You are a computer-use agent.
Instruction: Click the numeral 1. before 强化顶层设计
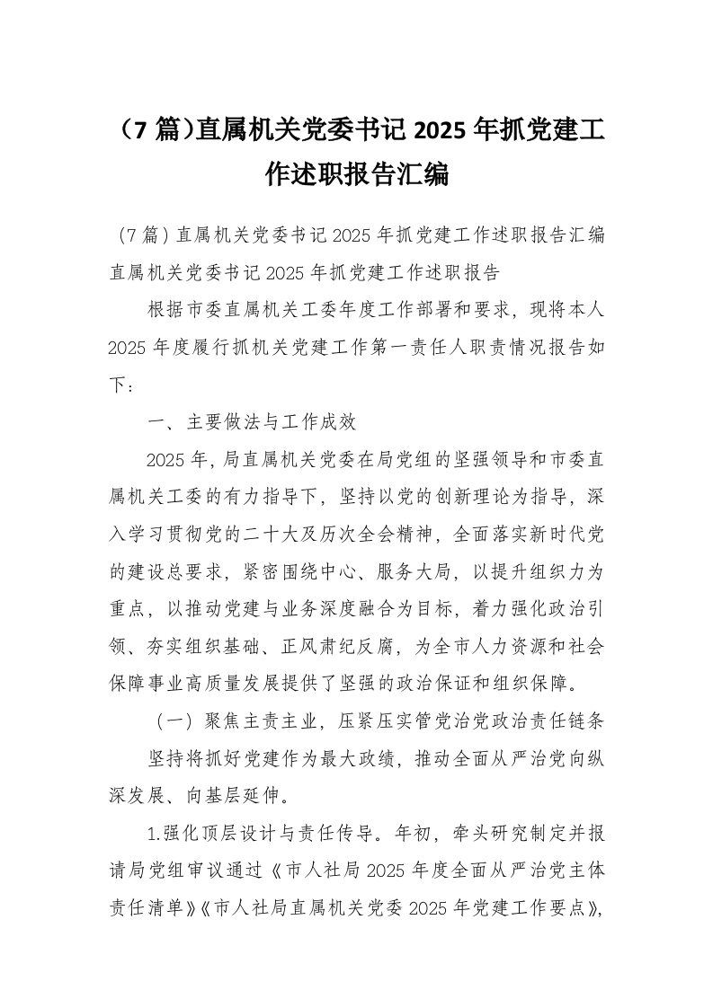[155, 835]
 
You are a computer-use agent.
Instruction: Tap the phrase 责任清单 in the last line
[146, 909]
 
